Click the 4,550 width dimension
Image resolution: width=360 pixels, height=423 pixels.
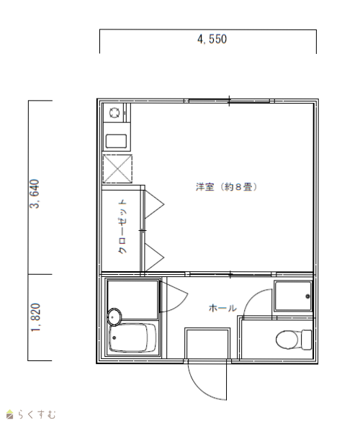[212, 39]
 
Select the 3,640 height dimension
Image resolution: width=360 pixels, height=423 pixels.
[35, 194]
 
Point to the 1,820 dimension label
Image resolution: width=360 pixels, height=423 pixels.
[36, 317]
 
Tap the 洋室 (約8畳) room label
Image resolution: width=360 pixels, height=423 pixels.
[226, 187]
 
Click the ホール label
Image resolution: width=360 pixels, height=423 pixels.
[222, 308]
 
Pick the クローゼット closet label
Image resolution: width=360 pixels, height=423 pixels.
[122, 227]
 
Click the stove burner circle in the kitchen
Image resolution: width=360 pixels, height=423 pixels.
[114, 112]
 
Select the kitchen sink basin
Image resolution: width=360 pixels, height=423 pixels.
[116, 141]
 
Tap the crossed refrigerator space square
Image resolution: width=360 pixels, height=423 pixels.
[117, 169]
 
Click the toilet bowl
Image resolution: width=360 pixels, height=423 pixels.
[287, 340]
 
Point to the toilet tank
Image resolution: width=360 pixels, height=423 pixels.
[307, 340]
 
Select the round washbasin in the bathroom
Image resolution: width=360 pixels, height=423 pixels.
[114, 317]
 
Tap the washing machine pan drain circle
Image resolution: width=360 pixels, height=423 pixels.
[307, 296]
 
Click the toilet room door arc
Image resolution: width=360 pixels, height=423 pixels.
[251, 296]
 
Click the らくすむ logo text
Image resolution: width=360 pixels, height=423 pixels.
[37, 414]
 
